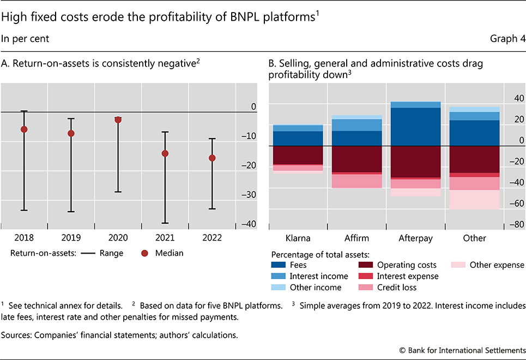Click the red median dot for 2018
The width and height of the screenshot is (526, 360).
[x=24, y=129]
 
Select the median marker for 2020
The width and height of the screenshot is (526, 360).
[x=118, y=119]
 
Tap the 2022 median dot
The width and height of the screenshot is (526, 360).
[x=212, y=158]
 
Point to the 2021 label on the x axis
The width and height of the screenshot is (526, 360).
[x=165, y=238]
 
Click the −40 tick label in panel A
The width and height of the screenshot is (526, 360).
[x=249, y=224]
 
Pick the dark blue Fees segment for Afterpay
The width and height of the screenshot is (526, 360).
[x=416, y=127]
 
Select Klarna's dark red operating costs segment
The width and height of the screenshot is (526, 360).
[x=298, y=155]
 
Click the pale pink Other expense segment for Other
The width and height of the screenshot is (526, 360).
[x=475, y=200]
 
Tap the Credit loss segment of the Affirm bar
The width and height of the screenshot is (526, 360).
[x=357, y=181]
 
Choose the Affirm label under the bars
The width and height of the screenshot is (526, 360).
[x=357, y=238]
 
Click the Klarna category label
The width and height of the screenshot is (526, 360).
[x=298, y=238]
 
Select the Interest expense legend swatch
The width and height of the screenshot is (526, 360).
[x=367, y=276]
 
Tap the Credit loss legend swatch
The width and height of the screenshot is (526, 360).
[x=367, y=287]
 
